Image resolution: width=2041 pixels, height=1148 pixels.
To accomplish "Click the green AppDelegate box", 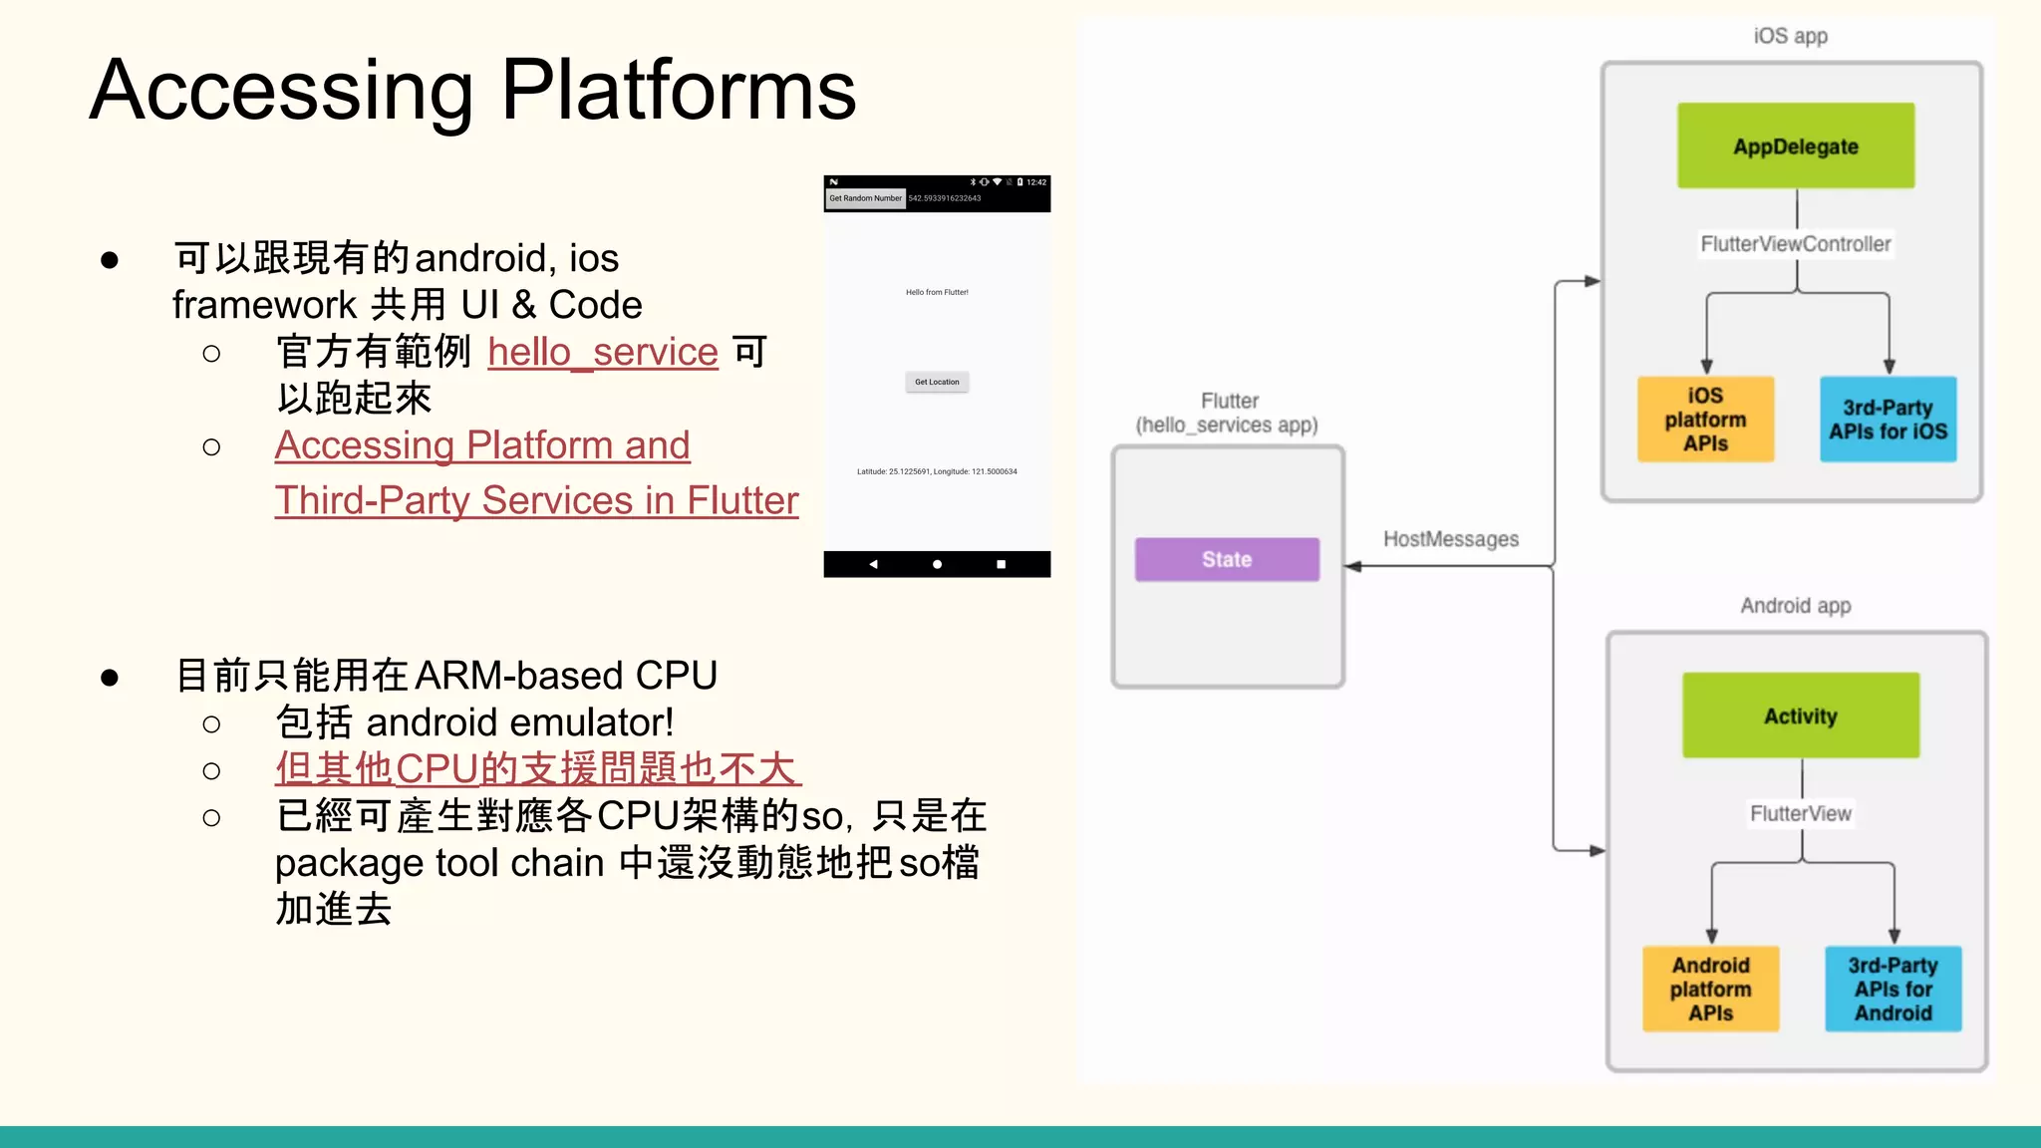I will [1795, 145].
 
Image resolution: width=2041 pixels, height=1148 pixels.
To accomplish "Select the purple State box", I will [1226, 559].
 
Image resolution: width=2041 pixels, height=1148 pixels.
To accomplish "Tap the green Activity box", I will [1800, 716].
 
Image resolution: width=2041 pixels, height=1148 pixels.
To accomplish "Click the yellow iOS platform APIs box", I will [1705, 419].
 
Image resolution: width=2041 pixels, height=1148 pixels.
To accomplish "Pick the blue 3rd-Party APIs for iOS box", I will [1888, 419].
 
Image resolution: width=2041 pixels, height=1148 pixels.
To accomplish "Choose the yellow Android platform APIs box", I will [1710, 989].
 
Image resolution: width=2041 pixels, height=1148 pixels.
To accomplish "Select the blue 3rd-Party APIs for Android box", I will [1893, 989].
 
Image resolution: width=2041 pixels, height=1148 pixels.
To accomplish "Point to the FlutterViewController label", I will [1795, 244].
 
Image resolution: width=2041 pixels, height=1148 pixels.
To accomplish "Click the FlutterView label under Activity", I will [1800, 813].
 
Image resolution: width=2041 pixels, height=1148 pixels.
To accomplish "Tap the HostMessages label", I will [1450, 539].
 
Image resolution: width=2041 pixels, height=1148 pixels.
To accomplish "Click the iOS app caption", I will [1790, 36].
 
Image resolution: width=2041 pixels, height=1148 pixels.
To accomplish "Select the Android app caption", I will [1795, 606].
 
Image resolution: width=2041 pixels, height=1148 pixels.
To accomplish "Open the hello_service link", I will [602, 352].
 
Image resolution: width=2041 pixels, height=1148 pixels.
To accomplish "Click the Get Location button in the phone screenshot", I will [937, 382].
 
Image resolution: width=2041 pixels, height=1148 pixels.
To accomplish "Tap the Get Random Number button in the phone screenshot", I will [865, 198].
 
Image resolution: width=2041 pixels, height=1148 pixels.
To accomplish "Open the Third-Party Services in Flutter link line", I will [536, 500].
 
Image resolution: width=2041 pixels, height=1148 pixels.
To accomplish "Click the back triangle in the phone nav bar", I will [873, 564].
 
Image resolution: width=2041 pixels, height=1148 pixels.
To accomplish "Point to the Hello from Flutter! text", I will [937, 292].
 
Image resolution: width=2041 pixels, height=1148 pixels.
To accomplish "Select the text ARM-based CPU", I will [565, 676].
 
